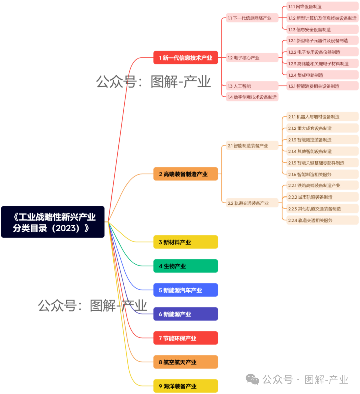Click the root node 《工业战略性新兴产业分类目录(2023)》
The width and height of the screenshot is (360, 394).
coord(53,222)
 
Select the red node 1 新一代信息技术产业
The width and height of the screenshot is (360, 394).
coord(185,58)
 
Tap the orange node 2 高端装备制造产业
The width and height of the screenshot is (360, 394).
coord(185,174)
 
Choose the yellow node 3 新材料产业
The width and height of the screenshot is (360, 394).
coord(185,242)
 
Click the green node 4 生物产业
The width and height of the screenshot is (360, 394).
coord(185,266)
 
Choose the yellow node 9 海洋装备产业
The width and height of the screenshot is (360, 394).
coord(185,386)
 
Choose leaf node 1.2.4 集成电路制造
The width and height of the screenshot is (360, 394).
coord(322,75)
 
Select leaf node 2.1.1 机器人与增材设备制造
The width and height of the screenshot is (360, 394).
coord(322,117)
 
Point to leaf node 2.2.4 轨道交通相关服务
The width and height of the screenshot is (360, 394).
coord(322,220)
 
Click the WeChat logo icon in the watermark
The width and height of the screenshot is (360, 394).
coord(252,379)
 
